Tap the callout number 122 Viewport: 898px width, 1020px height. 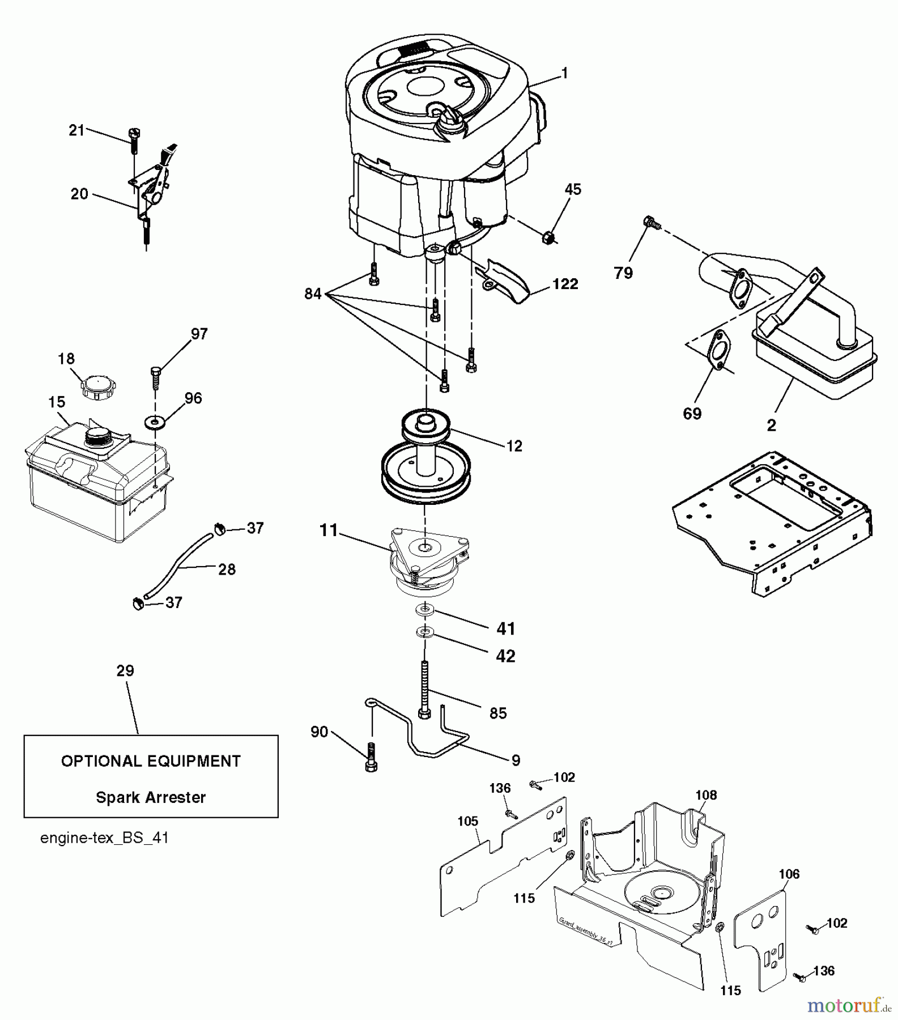point(565,284)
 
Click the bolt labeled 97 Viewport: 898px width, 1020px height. point(156,377)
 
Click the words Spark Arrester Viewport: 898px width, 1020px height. point(151,797)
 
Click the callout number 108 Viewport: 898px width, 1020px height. point(706,795)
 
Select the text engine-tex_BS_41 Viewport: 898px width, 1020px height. point(104,838)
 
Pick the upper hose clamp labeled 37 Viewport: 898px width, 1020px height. point(219,529)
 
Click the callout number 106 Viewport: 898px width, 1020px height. point(789,874)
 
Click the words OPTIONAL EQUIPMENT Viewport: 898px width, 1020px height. point(151,761)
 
